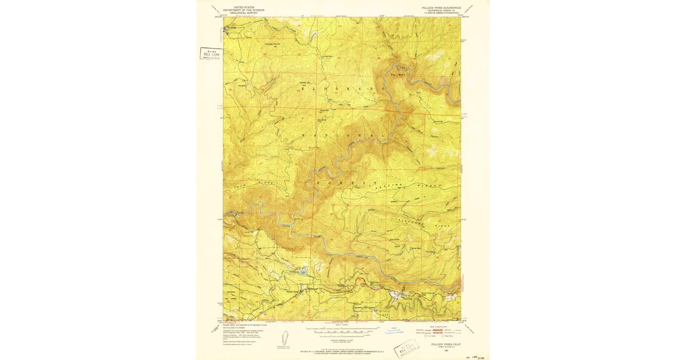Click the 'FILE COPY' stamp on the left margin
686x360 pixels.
point(210,54)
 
